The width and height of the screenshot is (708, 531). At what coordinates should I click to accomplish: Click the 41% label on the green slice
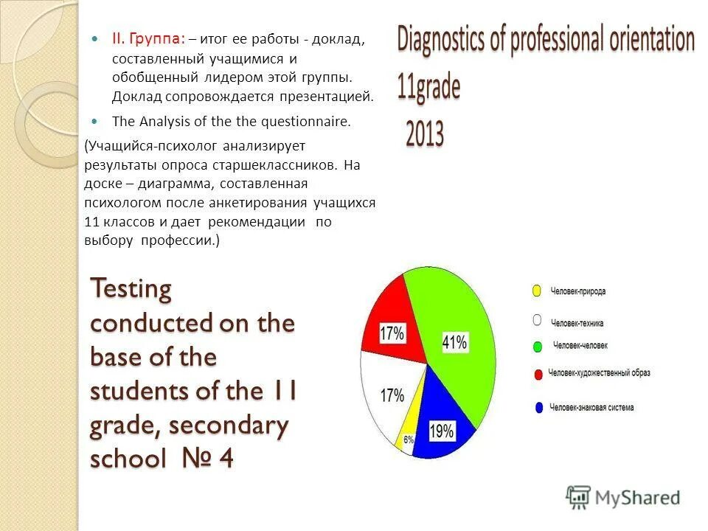(454, 342)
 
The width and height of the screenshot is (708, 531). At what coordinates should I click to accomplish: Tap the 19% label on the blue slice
(441, 431)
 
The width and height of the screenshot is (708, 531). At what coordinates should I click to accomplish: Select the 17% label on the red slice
(392, 333)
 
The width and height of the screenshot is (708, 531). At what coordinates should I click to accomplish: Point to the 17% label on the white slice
(392, 396)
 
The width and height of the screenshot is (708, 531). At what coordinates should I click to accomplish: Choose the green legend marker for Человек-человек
(538, 346)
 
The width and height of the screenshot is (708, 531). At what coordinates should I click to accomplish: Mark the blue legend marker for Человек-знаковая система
(538, 407)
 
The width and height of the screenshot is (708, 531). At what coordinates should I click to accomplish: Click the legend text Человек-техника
(577, 322)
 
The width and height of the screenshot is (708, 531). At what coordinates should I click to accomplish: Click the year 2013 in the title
(424, 135)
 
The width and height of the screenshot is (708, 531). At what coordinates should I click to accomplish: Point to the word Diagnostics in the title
(441, 40)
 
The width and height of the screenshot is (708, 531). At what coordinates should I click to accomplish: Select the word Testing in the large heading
(131, 289)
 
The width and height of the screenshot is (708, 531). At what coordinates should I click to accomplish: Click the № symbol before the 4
(197, 459)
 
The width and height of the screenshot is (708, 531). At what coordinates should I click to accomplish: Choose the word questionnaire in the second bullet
(310, 122)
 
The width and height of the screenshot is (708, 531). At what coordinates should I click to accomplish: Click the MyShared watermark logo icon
(578, 497)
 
